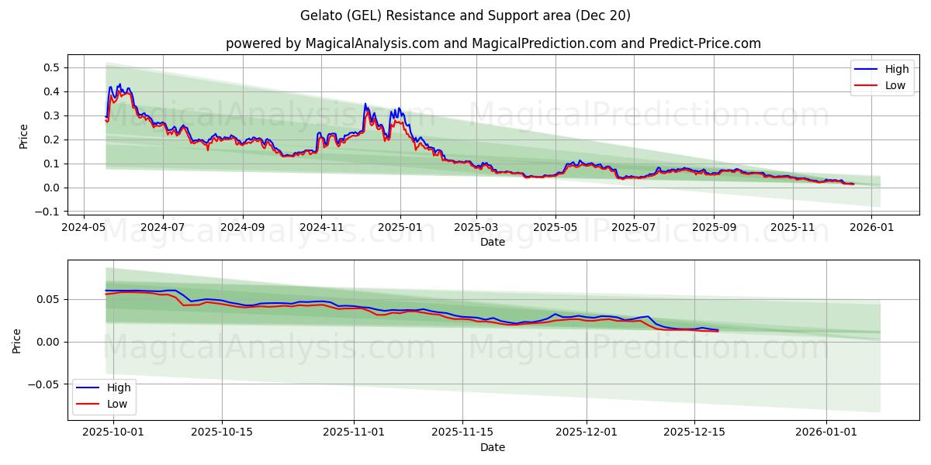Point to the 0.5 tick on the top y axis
coord(51,67)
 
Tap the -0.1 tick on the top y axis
coord(48,212)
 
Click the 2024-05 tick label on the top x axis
coord(83,228)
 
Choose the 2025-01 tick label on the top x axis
coord(400,228)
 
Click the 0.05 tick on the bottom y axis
coord(48,299)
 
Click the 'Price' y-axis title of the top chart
coord(23,136)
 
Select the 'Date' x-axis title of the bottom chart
coord(493,447)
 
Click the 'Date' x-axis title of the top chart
coord(493,242)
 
